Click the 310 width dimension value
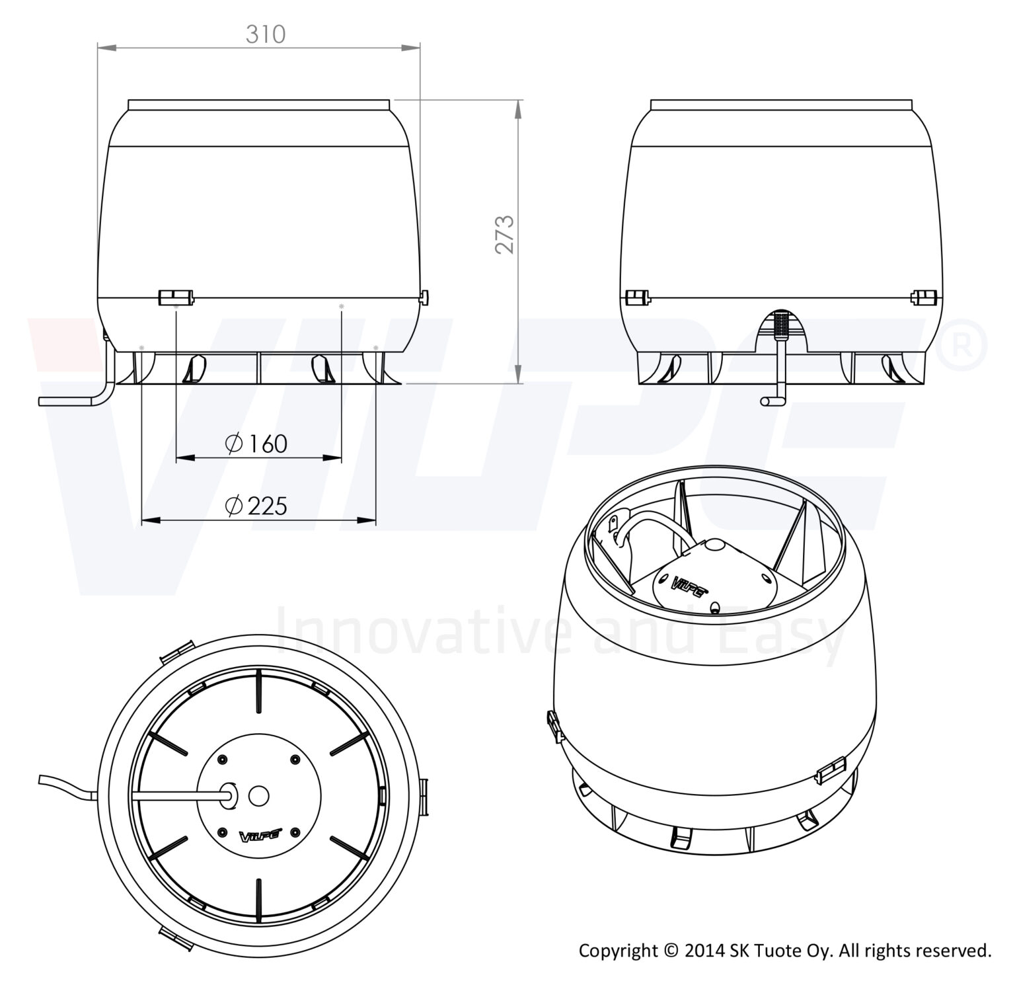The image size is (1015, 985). [x=266, y=34]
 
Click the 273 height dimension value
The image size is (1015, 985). [x=506, y=234]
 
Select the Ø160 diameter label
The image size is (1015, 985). [x=256, y=444]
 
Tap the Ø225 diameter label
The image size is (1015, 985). [x=256, y=506]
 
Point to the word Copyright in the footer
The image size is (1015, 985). [x=619, y=952]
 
